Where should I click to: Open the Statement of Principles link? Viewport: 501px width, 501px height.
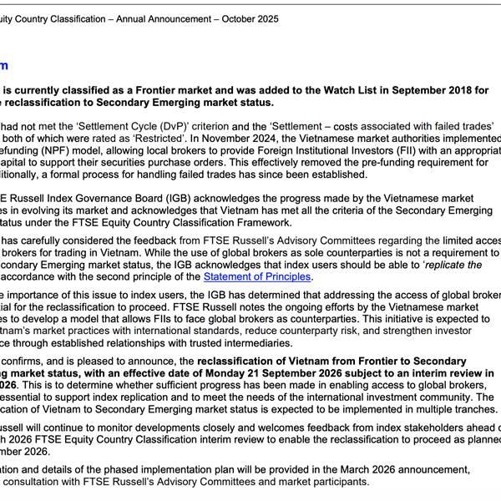[x=256, y=276]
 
